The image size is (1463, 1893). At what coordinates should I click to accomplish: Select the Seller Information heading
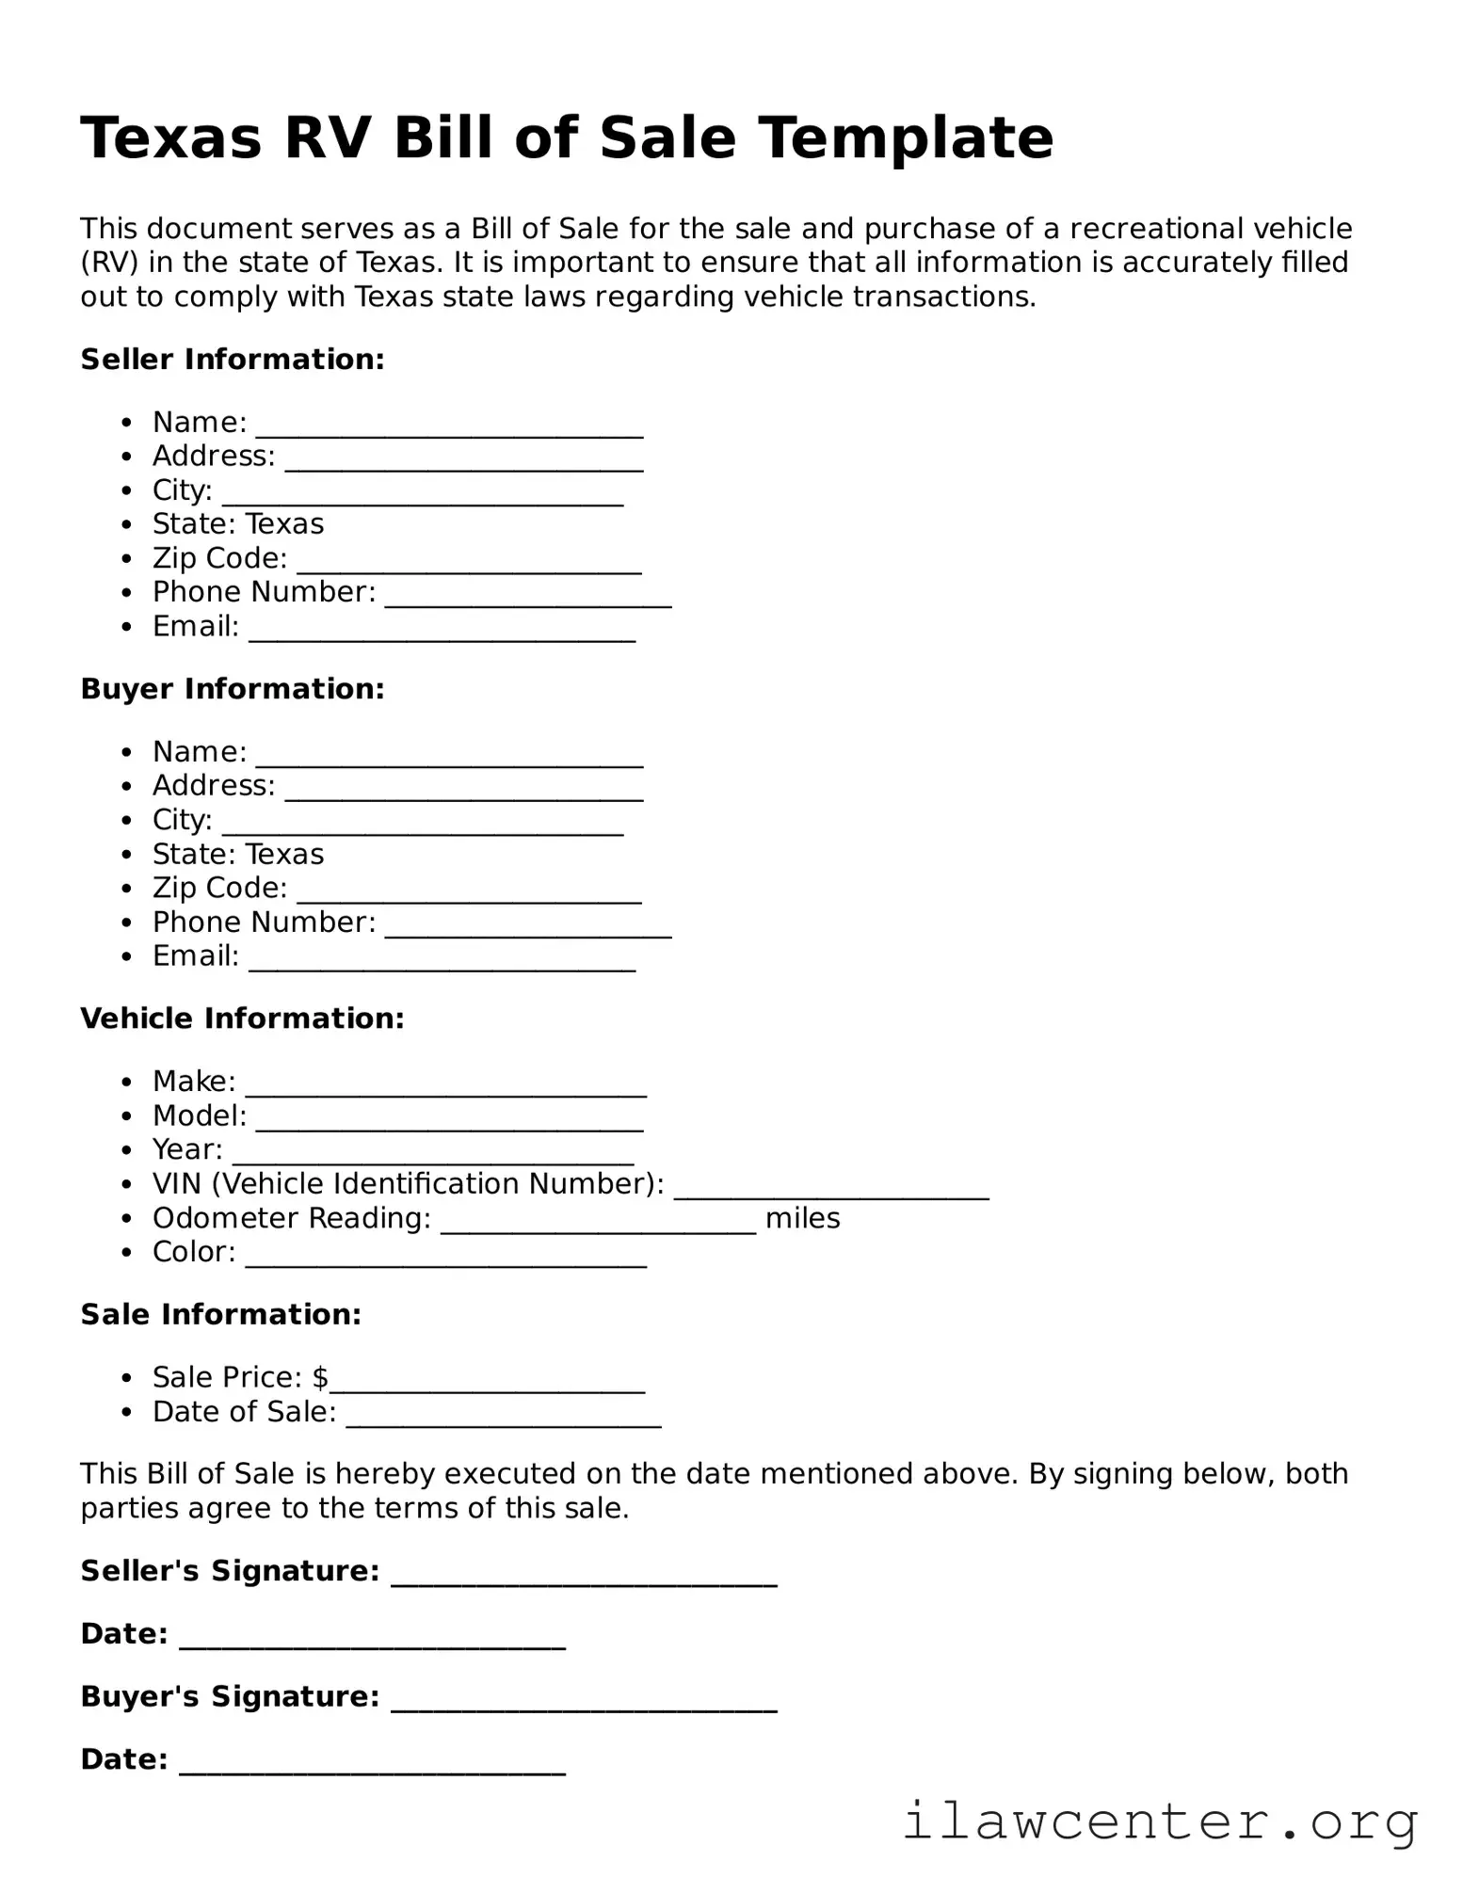tap(233, 360)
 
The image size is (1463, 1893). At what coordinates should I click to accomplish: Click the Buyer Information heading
tap(233, 689)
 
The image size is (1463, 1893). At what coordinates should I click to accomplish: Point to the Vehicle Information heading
tap(242, 1019)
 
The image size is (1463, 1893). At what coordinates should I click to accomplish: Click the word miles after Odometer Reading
tap(802, 1218)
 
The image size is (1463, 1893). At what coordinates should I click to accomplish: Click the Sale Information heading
tap(220, 1315)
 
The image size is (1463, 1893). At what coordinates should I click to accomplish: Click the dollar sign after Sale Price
tap(320, 1378)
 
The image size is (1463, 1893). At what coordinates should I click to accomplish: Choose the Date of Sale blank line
tap(503, 1419)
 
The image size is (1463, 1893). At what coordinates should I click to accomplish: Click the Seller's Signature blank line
tap(584, 1578)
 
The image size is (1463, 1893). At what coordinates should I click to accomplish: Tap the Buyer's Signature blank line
tap(584, 1703)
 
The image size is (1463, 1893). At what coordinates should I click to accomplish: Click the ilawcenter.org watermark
tap(1160, 1821)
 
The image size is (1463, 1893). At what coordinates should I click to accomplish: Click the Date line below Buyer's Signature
tap(372, 1766)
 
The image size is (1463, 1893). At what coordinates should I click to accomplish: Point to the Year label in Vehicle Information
tap(187, 1150)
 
